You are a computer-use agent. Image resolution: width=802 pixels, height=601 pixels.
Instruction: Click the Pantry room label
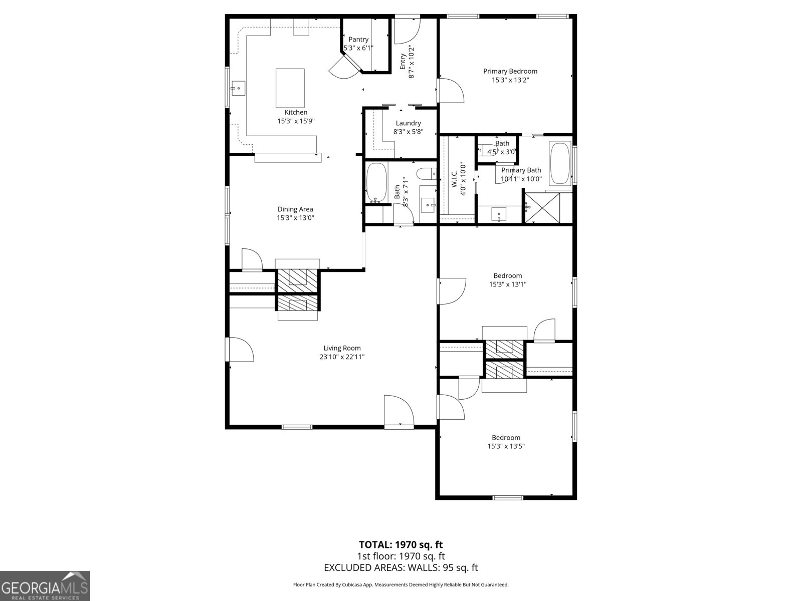pyautogui.click(x=358, y=40)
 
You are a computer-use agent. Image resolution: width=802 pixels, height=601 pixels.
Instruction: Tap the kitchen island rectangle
pyautogui.click(x=290, y=88)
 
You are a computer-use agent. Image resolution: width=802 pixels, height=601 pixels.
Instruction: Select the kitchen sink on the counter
pyautogui.click(x=238, y=89)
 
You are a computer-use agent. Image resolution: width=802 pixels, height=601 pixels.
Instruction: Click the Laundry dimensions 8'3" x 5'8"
pyautogui.click(x=408, y=132)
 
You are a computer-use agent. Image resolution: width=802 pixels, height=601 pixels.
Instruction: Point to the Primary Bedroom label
pyautogui.click(x=510, y=71)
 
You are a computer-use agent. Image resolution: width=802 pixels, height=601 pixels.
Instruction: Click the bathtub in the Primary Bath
pyautogui.click(x=560, y=163)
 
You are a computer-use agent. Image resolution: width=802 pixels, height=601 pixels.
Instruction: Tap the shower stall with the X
pyautogui.click(x=547, y=207)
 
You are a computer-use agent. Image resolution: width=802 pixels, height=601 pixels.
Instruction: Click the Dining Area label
pyautogui.click(x=295, y=209)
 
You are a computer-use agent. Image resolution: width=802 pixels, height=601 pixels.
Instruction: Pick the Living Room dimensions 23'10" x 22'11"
pyautogui.click(x=342, y=357)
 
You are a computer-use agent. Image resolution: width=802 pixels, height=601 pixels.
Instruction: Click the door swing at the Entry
pyautogui.click(x=406, y=31)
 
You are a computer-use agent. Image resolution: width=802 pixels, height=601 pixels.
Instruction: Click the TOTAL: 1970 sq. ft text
pyautogui.click(x=400, y=544)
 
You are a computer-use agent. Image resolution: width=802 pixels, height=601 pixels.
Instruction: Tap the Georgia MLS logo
pyautogui.click(x=45, y=586)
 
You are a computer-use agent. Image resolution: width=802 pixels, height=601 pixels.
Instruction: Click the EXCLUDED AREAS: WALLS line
pyautogui.click(x=400, y=567)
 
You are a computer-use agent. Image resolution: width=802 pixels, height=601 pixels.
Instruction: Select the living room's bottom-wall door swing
pyautogui.click(x=398, y=411)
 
